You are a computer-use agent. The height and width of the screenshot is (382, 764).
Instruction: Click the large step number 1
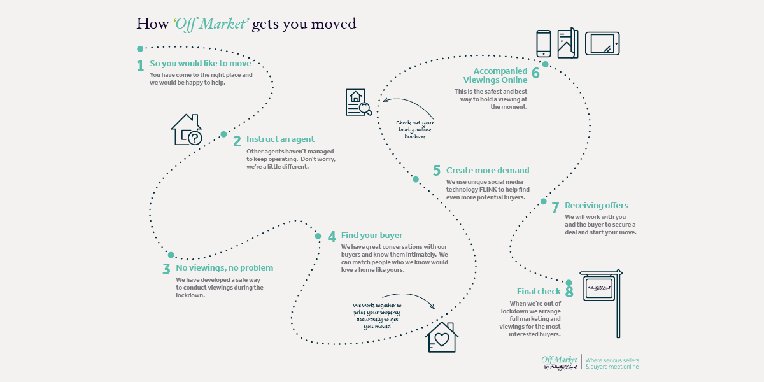(140, 66)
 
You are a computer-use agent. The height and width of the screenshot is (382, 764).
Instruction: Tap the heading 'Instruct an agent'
(280, 139)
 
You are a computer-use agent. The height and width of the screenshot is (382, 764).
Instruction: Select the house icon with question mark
(187, 130)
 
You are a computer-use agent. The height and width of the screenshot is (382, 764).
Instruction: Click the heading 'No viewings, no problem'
(224, 268)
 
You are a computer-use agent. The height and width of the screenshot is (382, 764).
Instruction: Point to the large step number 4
(332, 236)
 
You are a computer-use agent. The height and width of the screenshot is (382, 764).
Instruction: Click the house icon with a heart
(442, 337)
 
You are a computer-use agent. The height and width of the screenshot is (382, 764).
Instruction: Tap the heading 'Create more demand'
(488, 170)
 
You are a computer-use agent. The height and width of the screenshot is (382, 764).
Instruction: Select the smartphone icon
(544, 44)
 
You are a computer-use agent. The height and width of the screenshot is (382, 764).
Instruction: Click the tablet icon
(602, 44)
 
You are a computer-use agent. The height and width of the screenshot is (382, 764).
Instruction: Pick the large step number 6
(535, 73)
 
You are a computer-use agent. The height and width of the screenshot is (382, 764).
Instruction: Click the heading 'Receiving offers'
(596, 205)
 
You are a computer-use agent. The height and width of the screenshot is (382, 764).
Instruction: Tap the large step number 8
(569, 292)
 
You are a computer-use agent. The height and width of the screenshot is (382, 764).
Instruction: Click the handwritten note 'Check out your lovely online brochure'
(415, 129)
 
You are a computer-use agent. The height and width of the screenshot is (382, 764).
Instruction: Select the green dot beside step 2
(223, 134)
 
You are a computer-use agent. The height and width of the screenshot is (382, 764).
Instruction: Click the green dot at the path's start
(140, 49)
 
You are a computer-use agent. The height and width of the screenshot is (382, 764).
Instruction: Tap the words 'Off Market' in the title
(211, 24)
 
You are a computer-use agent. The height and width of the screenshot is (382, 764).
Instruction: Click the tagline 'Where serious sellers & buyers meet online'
(612, 364)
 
